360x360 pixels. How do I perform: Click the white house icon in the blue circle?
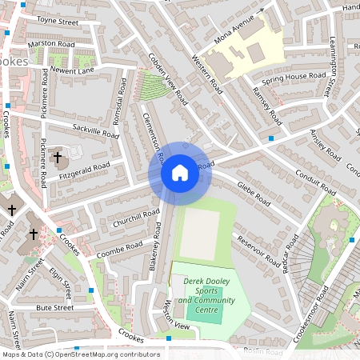[180, 172]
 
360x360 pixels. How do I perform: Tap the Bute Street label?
[54, 307]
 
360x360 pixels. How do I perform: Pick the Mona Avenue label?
[239, 28]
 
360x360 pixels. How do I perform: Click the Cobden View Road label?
[168, 80]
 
